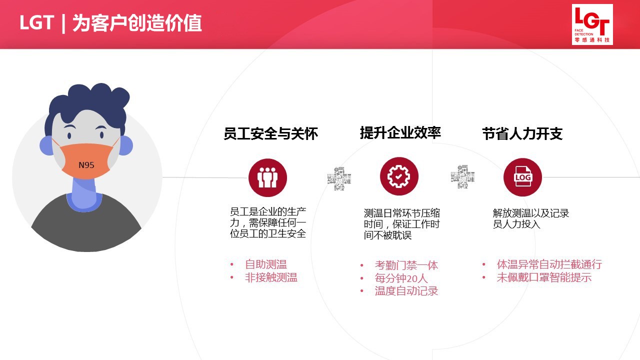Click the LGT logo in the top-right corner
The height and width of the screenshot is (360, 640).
click(x=592, y=24)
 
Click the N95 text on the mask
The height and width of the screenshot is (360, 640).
click(x=86, y=165)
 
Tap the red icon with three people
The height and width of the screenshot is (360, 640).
click(x=267, y=177)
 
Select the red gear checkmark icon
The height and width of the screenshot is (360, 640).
click(x=399, y=176)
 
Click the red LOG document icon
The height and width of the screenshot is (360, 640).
click(x=522, y=177)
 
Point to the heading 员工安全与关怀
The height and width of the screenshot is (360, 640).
click(x=270, y=133)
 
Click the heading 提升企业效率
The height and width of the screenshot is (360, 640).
click(x=400, y=133)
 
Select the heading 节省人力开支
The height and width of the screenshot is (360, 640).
click(x=522, y=133)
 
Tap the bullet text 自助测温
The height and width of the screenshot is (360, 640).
click(x=265, y=264)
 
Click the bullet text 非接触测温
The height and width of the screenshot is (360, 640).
click(x=271, y=277)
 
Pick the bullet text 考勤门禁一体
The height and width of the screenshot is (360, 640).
click(x=406, y=265)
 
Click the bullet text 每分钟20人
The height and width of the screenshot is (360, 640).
click(x=401, y=278)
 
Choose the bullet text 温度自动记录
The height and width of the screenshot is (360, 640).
click(x=406, y=291)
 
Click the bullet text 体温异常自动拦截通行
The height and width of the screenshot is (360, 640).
click(x=549, y=264)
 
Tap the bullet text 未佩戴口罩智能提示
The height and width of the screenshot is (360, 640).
click(x=544, y=277)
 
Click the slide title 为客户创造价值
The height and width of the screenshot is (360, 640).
click(x=137, y=23)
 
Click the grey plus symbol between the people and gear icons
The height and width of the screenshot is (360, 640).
click(x=339, y=178)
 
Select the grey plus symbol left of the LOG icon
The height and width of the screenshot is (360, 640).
click(x=462, y=176)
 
